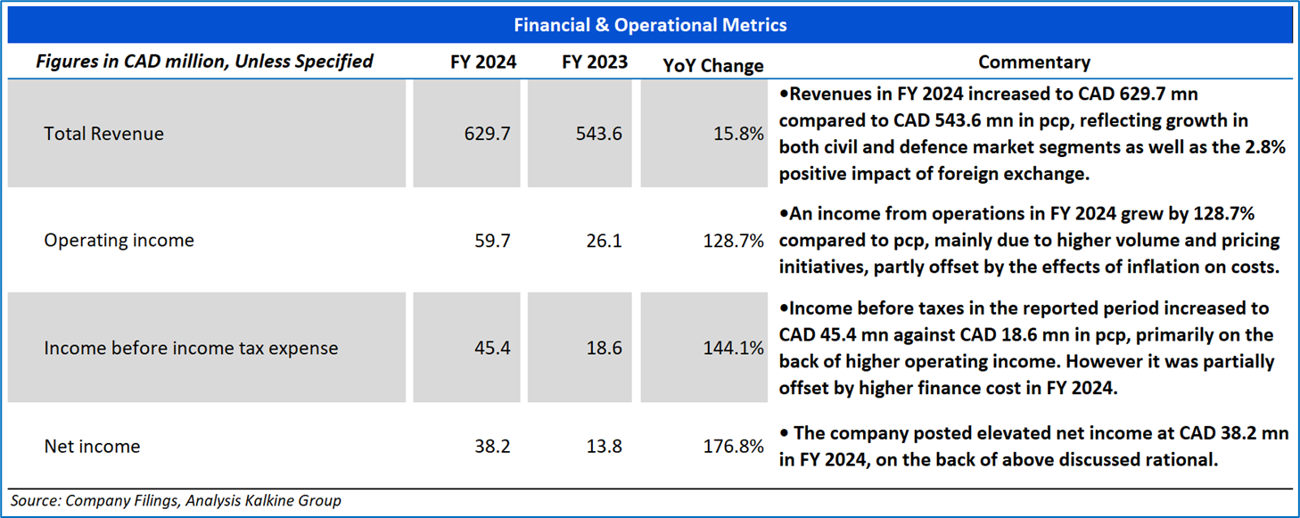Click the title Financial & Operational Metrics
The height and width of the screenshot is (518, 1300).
coord(650,25)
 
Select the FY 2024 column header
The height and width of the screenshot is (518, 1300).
coord(483,62)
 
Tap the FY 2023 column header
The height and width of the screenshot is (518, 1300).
coord(595,62)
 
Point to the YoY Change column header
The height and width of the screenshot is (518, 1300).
coord(713,65)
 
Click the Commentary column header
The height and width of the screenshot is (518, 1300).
coord(1033,62)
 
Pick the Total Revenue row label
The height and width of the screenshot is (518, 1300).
coord(103,134)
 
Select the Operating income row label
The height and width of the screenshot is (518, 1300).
coord(119,241)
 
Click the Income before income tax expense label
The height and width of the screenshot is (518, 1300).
coord(191,348)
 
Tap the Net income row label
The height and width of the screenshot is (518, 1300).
coord(92,446)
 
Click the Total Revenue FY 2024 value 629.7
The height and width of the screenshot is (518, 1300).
coord(487,134)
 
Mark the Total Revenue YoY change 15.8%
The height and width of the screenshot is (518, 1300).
coord(740,134)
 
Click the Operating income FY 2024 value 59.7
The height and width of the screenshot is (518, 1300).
coord(492,241)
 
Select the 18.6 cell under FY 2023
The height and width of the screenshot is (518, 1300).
coord(605,348)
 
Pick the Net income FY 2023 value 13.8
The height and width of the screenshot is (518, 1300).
coord(605,446)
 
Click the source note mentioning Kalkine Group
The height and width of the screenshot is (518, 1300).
coord(176,500)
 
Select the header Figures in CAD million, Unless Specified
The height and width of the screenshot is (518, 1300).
coord(204,62)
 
